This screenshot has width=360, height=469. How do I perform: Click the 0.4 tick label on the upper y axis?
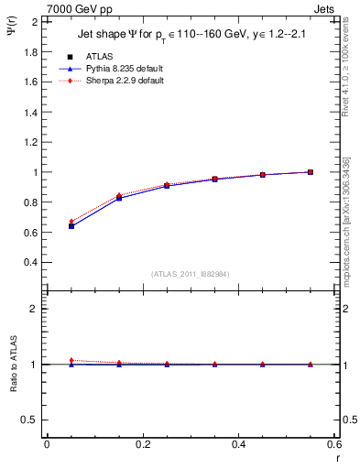tap(30, 262)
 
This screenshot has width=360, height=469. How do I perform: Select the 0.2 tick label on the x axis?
tap(142, 444)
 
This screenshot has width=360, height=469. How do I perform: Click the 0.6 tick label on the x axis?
tap(333, 444)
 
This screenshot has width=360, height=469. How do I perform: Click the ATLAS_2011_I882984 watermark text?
tap(190, 273)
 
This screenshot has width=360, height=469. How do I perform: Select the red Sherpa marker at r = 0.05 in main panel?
tap(71, 222)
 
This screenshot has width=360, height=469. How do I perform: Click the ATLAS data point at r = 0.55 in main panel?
tap(311, 171)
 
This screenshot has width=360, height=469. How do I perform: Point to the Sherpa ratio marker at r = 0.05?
tap(71, 360)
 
